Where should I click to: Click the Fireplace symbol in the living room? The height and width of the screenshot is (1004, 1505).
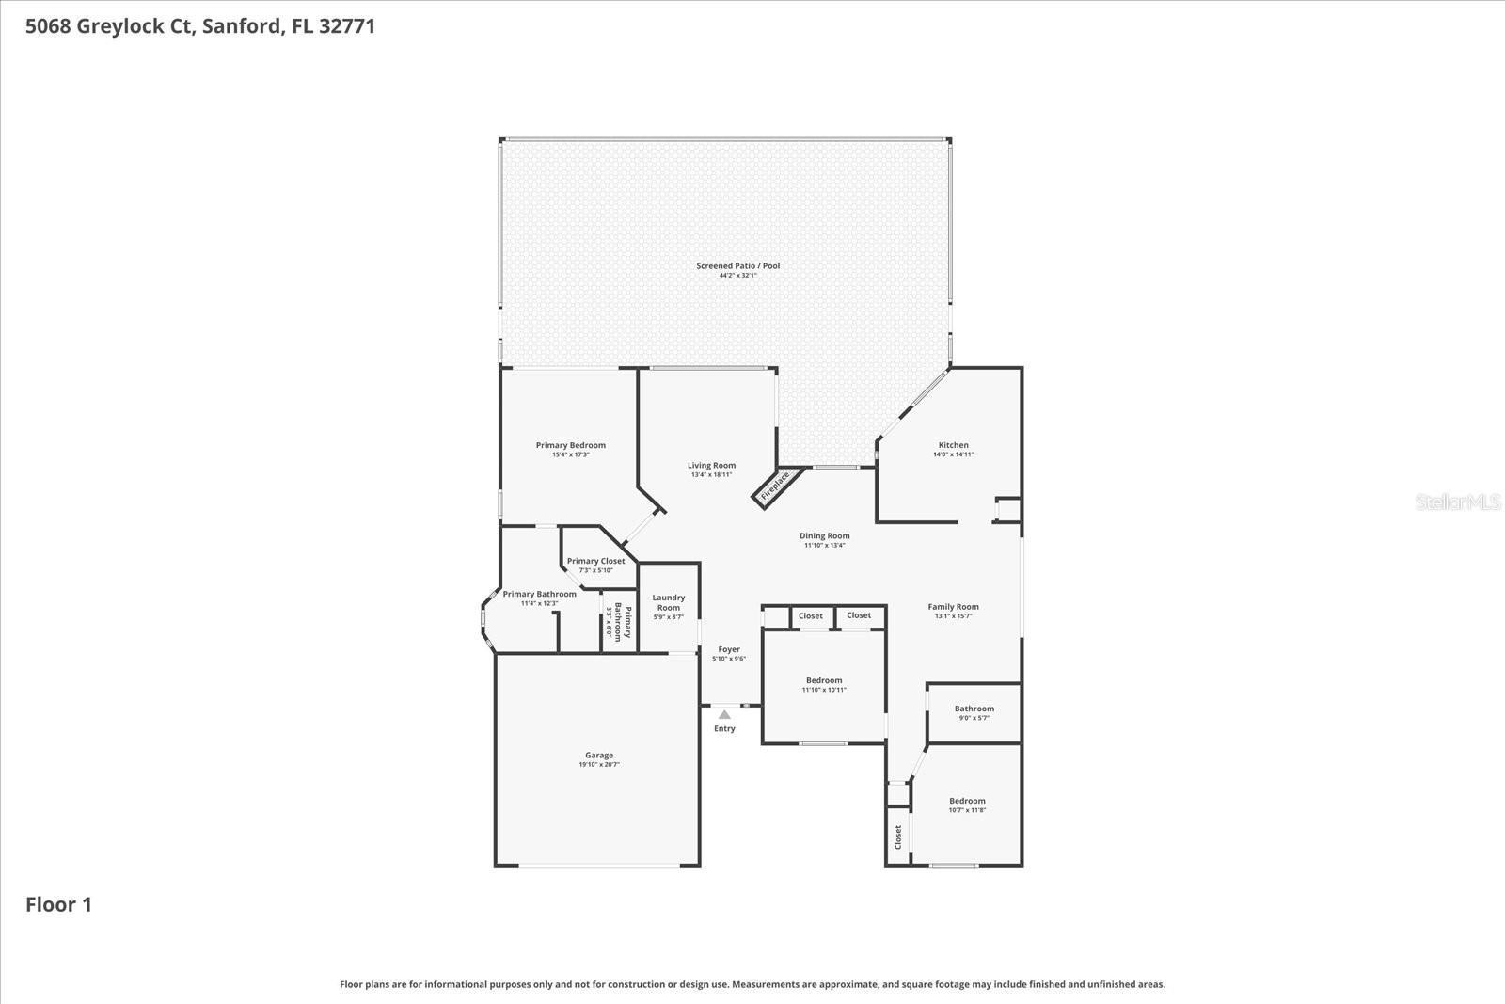click(x=777, y=486)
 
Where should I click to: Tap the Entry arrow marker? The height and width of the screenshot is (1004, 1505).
click(x=724, y=715)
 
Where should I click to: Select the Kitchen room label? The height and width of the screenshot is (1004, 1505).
click(x=953, y=445)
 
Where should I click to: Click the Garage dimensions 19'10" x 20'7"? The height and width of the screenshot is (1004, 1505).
click(x=599, y=765)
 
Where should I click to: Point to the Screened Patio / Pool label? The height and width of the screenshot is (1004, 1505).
click(x=737, y=266)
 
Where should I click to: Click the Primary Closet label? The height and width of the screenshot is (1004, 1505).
click(x=595, y=561)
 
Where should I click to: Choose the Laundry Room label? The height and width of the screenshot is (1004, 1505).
click(x=669, y=602)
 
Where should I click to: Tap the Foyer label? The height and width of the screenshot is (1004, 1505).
click(x=729, y=649)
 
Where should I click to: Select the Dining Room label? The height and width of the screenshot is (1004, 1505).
click(x=824, y=536)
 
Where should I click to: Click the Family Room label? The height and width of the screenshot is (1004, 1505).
click(x=953, y=607)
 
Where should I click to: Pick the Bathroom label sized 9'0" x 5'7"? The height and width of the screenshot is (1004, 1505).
click(x=974, y=709)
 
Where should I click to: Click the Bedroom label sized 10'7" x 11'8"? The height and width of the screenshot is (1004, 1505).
click(x=967, y=801)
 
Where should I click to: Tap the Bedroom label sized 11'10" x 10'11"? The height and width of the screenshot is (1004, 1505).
click(x=824, y=680)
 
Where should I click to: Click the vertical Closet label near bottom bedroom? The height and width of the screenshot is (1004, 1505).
click(x=898, y=837)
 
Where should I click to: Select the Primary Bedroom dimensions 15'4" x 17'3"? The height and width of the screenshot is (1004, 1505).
click(x=570, y=455)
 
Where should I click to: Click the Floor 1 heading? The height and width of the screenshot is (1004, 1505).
click(x=58, y=905)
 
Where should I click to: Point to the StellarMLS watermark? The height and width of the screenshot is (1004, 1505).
click(x=1457, y=502)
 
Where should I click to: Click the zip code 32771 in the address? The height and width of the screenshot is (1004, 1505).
click(x=347, y=26)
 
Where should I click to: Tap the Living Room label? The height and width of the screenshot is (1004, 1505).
click(x=711, y=465)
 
